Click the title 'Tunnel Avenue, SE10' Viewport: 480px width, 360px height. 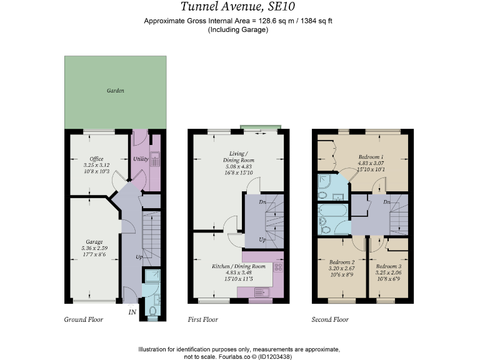point(239,7)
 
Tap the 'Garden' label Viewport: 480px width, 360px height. point(115,91)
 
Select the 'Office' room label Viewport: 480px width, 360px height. point(96,159)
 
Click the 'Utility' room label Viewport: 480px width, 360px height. point(141,159)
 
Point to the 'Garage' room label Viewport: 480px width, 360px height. point(94,241)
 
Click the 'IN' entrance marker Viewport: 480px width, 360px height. point(132,311)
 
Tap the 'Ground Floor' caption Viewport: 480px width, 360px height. point(83,319)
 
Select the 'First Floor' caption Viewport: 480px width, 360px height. point(203,319)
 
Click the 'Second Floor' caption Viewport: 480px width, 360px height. point(330,319)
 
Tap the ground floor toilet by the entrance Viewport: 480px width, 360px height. point(152,309)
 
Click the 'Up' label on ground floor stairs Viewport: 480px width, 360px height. point(139,257)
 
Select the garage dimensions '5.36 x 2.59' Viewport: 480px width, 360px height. point(94,247)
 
